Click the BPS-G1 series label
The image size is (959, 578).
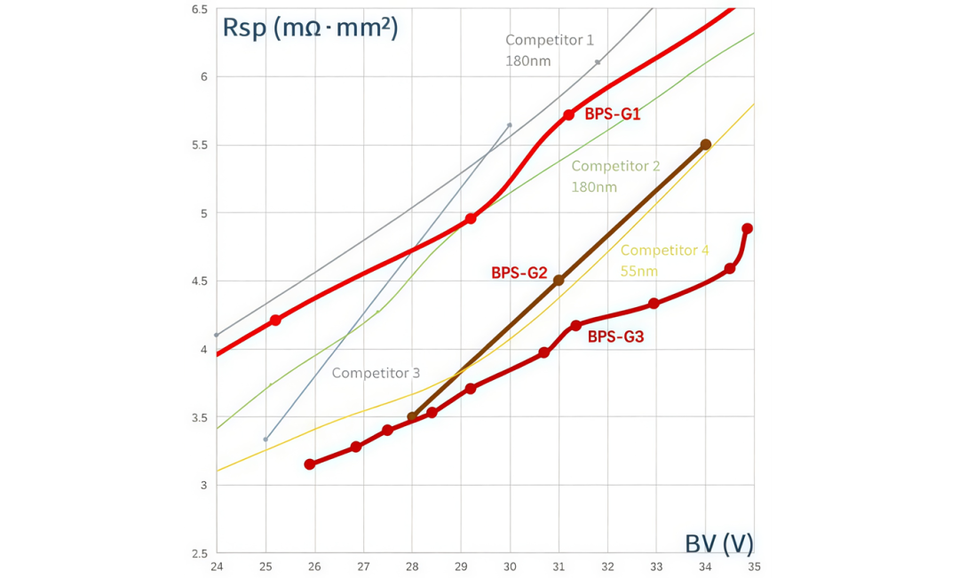613,115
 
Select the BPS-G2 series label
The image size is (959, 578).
519,273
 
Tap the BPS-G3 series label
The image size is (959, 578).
615,337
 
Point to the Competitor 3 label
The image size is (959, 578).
376,373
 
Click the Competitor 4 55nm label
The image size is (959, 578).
664,260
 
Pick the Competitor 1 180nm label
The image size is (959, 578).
549,50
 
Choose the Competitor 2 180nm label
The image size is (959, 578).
615,176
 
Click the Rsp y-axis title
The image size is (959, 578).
310,28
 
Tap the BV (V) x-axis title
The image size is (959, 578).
718,542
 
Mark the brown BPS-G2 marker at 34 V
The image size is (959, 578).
706,145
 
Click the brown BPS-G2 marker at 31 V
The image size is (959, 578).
559,281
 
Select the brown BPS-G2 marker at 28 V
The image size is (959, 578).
412,416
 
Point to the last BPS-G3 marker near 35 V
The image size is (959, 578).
747,228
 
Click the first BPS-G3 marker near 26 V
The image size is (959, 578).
310,464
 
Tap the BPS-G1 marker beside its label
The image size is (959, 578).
568,115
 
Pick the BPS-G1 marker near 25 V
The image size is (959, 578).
275,320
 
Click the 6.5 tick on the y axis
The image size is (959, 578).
199,9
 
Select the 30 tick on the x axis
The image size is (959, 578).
510,566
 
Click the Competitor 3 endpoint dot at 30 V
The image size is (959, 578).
510,125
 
